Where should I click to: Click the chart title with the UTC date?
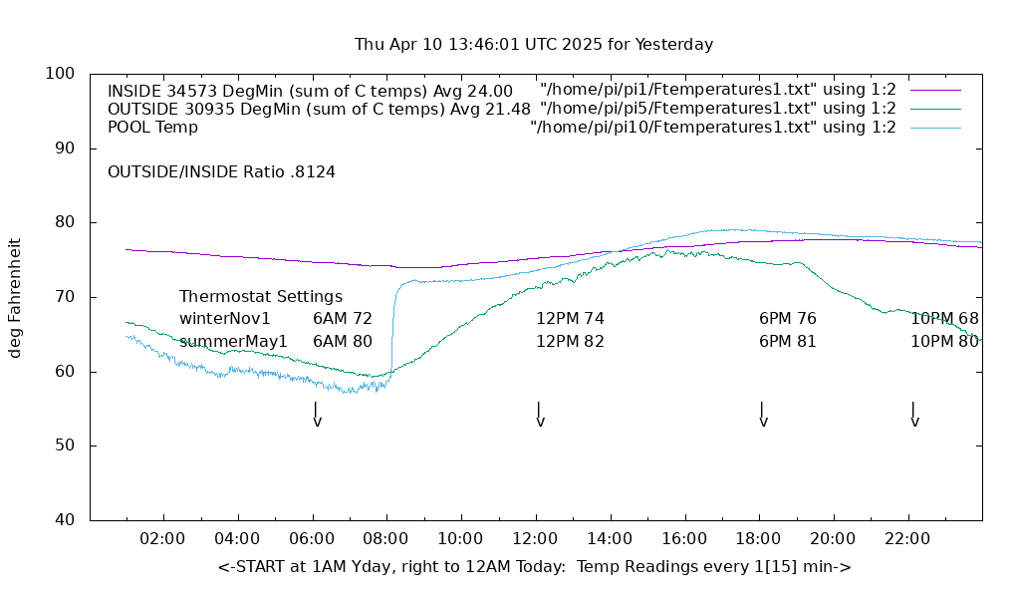tap(534, 45)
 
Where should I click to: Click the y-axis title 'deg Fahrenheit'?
tap(15, 297)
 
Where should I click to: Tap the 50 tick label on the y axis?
tap(64, 446)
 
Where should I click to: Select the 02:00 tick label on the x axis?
tap(162, 539)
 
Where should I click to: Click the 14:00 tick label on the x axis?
tap(610, 539)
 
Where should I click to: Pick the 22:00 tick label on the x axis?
tap(907, 539)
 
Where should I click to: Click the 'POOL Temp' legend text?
tap(152, 128)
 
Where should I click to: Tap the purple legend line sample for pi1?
tap(935, 91)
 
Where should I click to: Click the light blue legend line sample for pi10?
tap(935, 128)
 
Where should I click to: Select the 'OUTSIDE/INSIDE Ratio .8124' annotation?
tap(221, 172)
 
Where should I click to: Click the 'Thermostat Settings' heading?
tap(261, 297)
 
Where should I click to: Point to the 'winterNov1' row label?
tap(225, 319)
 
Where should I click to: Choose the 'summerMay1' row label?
tap(233, 341)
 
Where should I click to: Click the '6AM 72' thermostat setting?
tap(343, 319)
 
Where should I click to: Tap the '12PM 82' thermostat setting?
tap(571, 341)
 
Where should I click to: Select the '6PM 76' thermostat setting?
tap(788, 319)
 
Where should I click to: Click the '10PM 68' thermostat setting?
tap(944, 319)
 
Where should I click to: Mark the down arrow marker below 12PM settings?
tap(539, 415)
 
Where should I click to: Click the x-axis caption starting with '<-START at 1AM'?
tap(534, 567)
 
